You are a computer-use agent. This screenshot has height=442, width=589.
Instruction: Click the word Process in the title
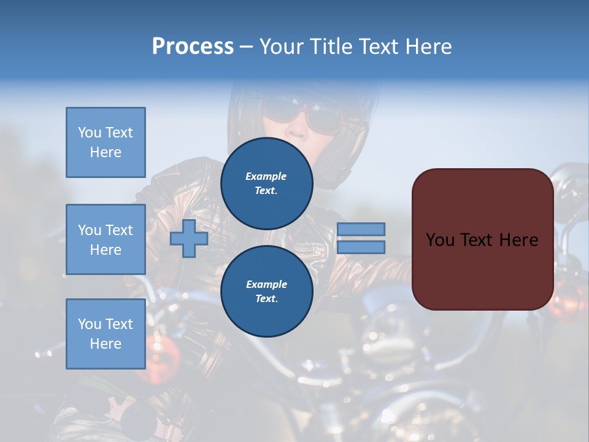pyautogui.click(x=193, y=47)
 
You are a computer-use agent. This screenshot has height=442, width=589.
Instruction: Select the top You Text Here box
pyautogui.click(x=106, y=142)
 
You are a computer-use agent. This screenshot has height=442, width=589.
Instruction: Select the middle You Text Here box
pyautogui.click(x=106, y=239)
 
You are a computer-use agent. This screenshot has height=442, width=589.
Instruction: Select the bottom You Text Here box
pyautogui.click(x=106, y=333)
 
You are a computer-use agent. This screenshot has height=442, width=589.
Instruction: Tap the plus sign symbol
pyautogui.click(x=188, y=238)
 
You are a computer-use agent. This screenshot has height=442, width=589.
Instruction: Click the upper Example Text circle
pyautogui.click(x=266, y=184)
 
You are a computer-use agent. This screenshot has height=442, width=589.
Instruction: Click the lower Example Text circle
pyautogui.click(x=266, y=292)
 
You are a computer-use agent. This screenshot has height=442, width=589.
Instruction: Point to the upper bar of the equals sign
pyautogui.click(x=361, y=229)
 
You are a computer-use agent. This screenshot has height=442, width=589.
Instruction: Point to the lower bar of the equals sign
pyautogui.click(x=361, y=247)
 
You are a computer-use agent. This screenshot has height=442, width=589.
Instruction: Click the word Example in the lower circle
pyautogui.click(x=266, y=284)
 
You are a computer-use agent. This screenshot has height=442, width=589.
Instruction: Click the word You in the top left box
pyautogui.click(x=90, y=133)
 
